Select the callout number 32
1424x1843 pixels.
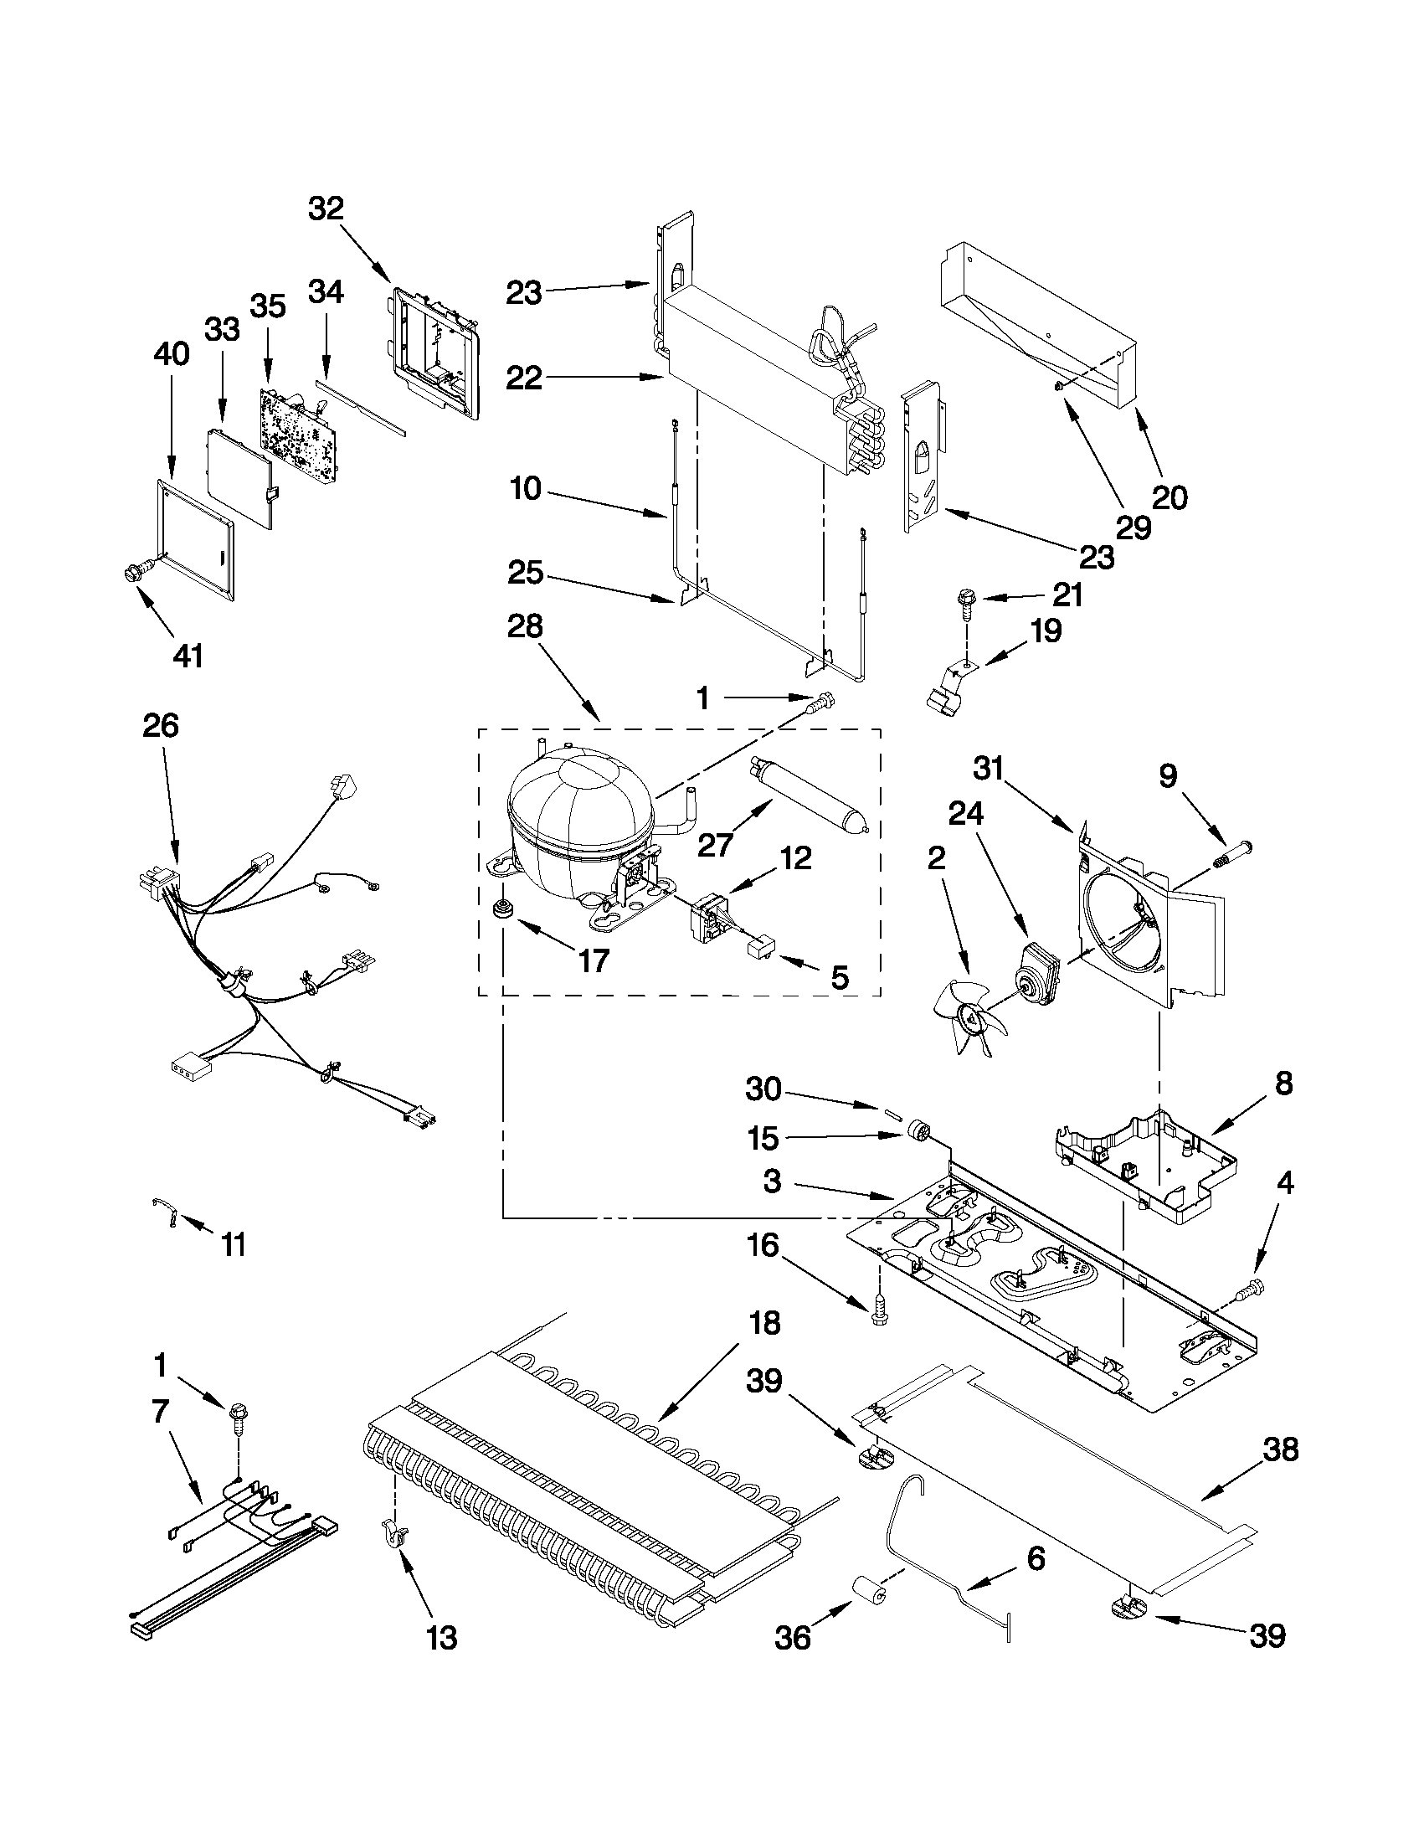(326, 208)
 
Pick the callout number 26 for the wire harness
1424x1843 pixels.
(160, 725)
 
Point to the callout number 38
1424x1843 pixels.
(1280, 1449)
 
